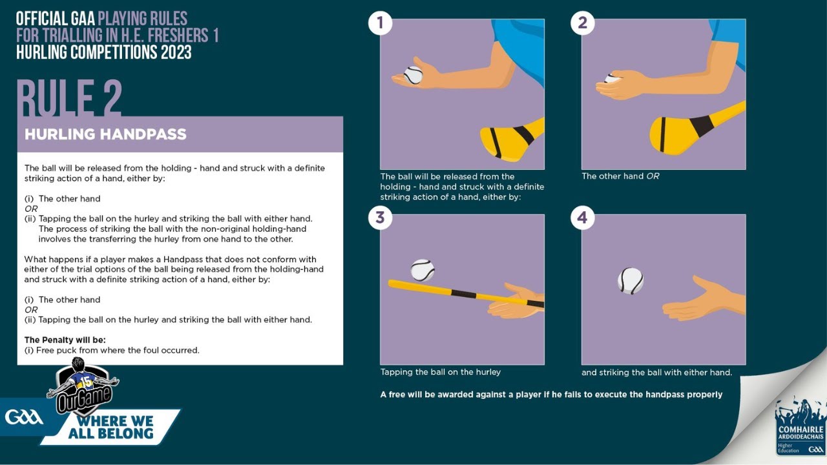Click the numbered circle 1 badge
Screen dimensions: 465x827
380,23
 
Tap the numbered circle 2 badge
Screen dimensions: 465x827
582,23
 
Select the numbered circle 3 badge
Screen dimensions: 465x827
380,218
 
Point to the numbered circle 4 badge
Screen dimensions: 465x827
582,218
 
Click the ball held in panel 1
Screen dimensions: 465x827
413,75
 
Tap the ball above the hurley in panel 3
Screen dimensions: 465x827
423,270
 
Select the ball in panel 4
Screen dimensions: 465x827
630,281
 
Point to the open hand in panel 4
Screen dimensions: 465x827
701,300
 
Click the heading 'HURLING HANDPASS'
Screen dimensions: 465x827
105,134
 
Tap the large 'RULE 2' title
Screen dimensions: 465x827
69,98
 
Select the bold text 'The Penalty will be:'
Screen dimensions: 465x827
65,340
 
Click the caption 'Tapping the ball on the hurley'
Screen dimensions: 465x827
440,372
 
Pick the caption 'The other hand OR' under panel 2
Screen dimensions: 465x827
620,176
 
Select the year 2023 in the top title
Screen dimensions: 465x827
169,52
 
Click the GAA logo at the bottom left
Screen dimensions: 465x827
24,417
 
